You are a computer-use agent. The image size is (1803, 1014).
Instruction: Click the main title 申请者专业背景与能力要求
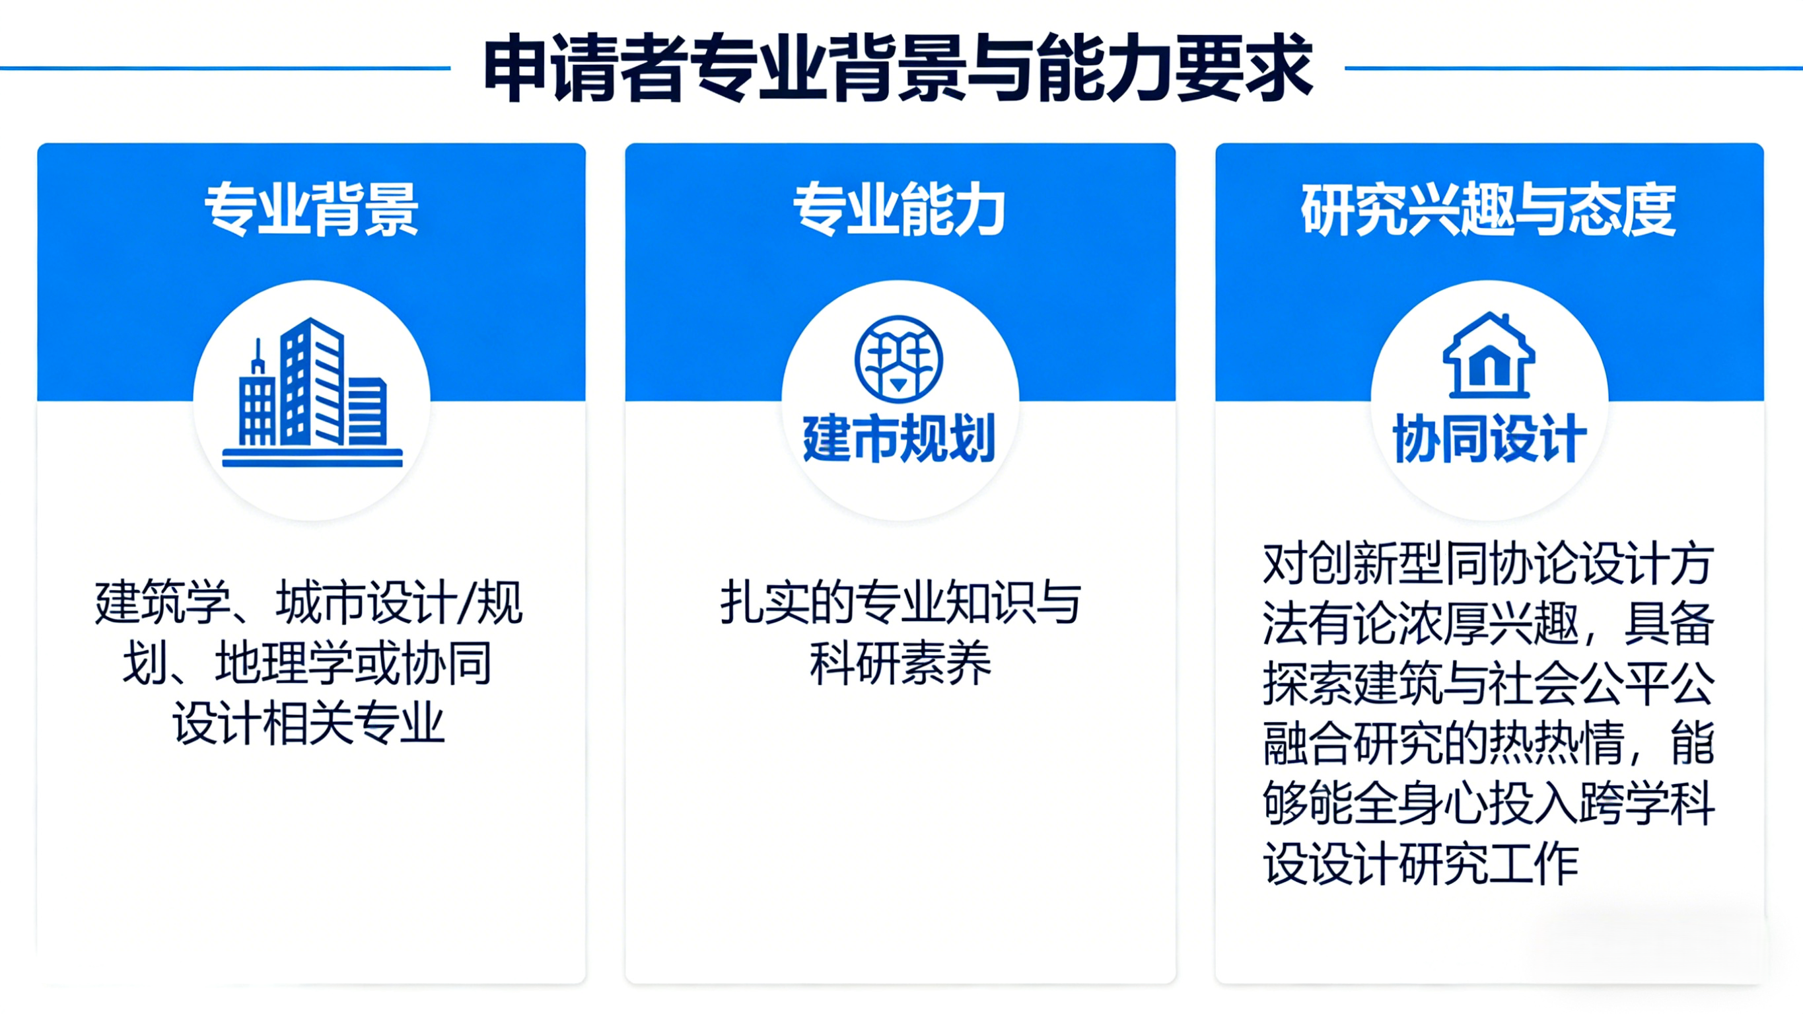[x=898, y=68]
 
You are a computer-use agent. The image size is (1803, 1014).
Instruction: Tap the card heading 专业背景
[x=312, y=209]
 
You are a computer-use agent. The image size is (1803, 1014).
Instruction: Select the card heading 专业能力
[x=900, y=209]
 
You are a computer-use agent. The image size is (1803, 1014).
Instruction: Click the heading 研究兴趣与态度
[x=1489, y=209]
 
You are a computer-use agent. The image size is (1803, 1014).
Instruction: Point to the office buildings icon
[x=312, y=392]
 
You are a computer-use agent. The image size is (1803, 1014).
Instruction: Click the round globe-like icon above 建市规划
[x=899, y=359]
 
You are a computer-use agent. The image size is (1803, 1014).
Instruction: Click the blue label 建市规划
[x=900, y=439]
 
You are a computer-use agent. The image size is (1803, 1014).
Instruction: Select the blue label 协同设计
[x=1489, y=439]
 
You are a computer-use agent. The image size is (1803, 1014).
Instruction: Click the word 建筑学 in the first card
[x=163, y=602]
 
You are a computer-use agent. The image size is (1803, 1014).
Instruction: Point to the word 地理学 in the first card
[x=283, y=663]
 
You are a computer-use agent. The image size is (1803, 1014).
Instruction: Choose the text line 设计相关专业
[x=308, y=723]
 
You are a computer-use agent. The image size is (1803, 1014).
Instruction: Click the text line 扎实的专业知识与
[x=900, y=602]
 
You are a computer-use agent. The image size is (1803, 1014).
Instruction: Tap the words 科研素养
[x=900, y=663]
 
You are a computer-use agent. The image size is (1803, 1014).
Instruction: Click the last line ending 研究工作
[x=1421, y=863]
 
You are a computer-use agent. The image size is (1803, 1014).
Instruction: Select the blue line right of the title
[x=1574, y=68]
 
